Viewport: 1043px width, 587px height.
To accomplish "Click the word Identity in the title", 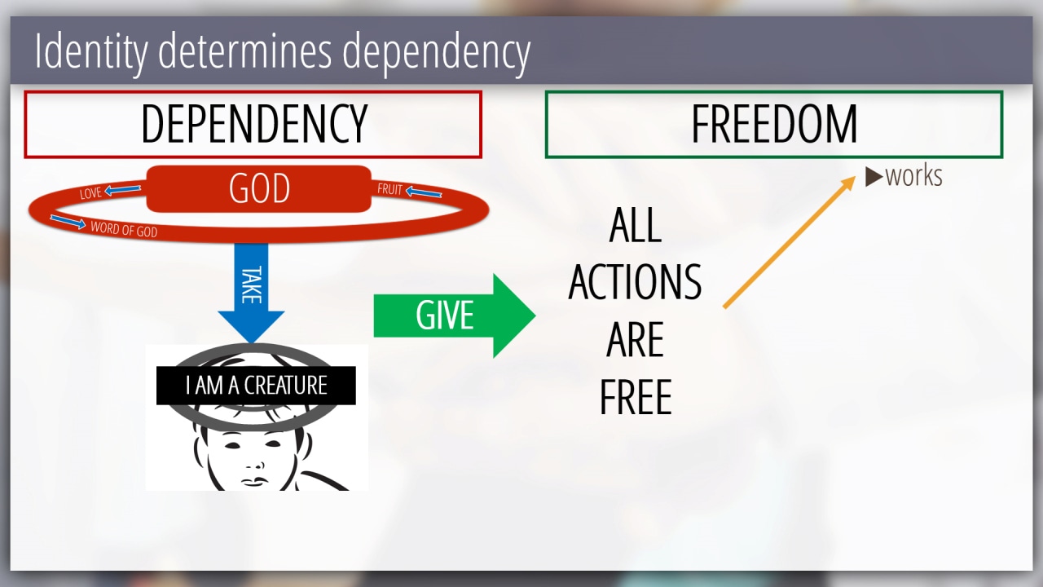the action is [x=90, y=51].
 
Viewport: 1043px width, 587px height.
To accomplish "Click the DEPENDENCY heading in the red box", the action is [x=254, y=124].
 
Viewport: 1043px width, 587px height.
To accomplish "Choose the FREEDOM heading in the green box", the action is [x=774, y=124].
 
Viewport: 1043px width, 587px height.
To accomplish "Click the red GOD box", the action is [x=259, y=188].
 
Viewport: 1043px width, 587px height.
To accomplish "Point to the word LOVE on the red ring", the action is [x=90, y=192].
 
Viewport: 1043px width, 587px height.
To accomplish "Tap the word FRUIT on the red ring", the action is [x=389, y=189].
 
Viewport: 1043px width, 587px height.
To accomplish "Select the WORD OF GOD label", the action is [x=124, y=229].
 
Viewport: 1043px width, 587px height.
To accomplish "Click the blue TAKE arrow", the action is [x=252, y=293].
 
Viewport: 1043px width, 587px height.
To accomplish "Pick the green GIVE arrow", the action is [x=455, y=316].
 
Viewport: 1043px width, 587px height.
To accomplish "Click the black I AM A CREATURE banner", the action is [x=256, y=386].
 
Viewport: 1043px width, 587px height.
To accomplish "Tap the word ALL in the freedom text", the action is [x=636, y=225].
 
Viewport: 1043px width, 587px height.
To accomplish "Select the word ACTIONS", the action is [x=635, y=282].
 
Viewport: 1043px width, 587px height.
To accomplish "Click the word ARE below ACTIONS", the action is [x=635, y=340].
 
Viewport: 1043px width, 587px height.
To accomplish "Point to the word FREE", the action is [x=636, y=397].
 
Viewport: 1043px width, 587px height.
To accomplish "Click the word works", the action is [x=914, y=176].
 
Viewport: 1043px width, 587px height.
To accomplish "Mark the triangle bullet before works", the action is [x=874, y=177].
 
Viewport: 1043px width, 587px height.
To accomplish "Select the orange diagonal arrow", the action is [x=790, y=242].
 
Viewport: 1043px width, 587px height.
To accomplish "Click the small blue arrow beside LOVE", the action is [x=122, y=189].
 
